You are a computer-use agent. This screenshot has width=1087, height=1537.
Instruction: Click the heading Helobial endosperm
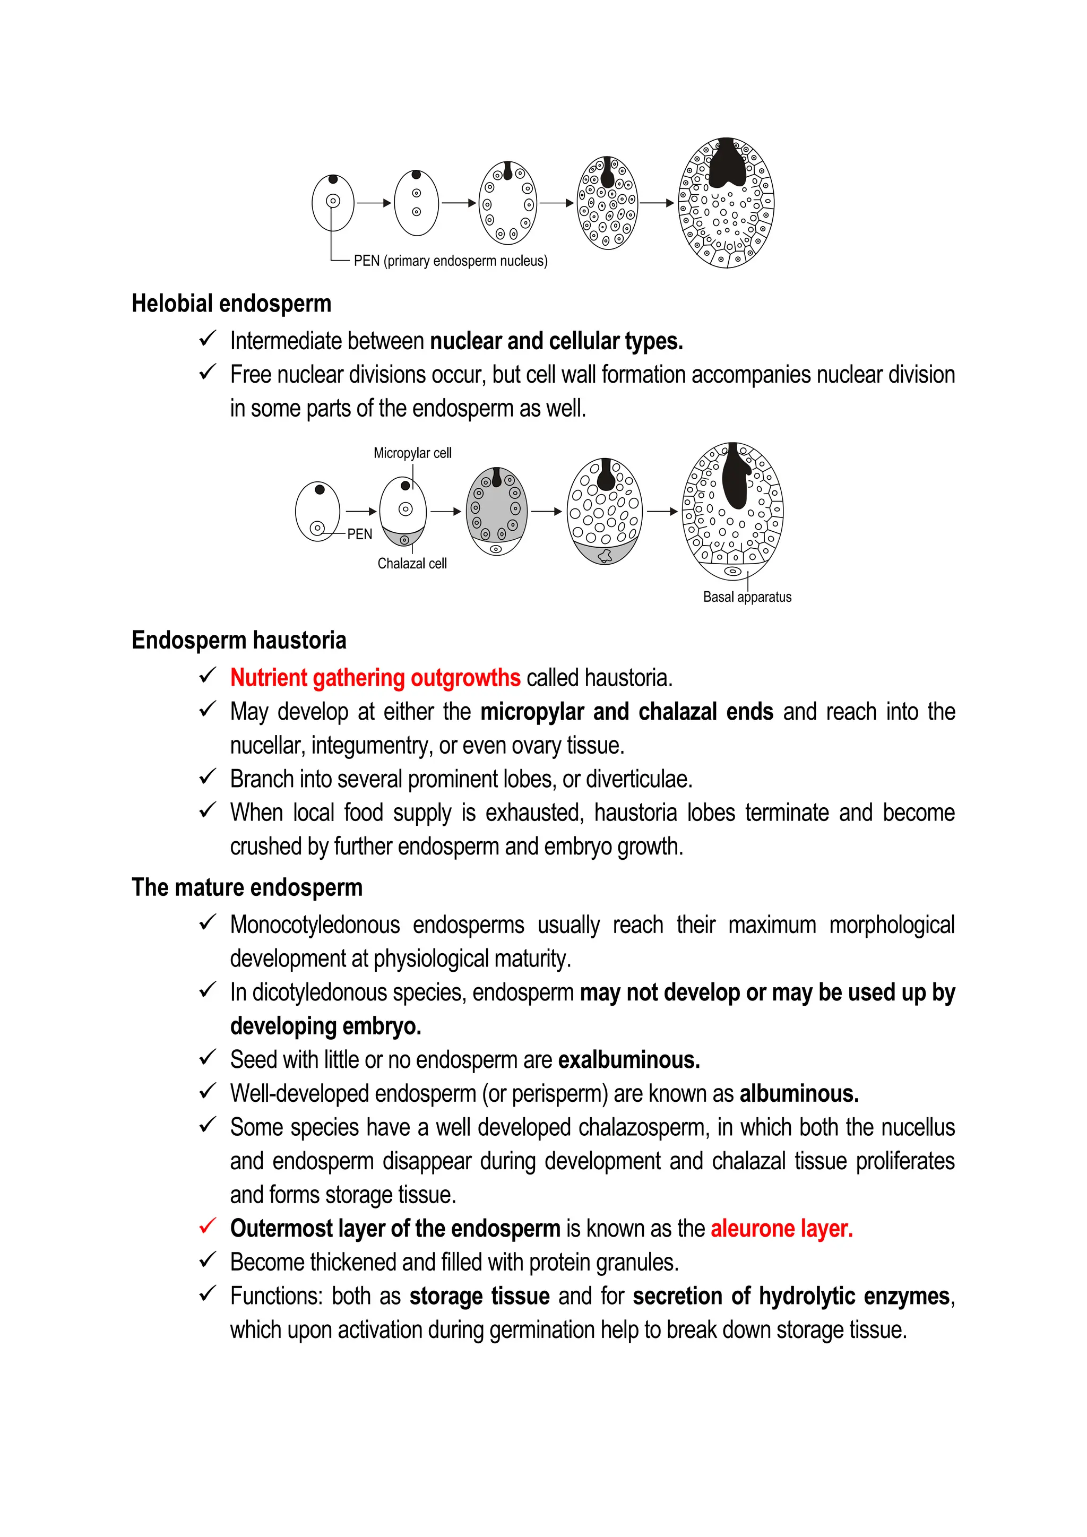pyautogui.click(x=231, y=303)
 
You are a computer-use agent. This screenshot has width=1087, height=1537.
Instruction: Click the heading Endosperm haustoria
pyautogui.click(x=238, y=640)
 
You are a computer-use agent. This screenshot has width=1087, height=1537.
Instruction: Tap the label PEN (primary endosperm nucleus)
pyautogui.click(x=450, y=261)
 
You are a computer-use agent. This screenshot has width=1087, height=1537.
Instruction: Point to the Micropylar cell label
pyautogui.click(x=412, y=453)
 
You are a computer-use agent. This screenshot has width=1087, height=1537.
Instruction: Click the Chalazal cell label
pyautogui.click(x=412, y=564)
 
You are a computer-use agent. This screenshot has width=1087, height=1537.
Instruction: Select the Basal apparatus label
pyautogui.click(x=747, y=597)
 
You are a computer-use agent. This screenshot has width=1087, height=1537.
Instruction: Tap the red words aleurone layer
pyautogui.click(x=781, y=1229)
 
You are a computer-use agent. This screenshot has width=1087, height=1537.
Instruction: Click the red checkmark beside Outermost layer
pyautogui.click(x=208, y=1227)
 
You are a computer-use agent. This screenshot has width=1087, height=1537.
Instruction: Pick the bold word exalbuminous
pyautogui.click(x=628, y=1060)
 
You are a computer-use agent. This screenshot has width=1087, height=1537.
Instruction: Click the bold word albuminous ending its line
pyautogui.click(x=798, y=1093)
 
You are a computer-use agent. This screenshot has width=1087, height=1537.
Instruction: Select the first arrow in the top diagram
pyautogui.click(x=374, y=203)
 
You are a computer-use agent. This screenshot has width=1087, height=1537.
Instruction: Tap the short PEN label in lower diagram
pyautogui.click(x=359, y=534)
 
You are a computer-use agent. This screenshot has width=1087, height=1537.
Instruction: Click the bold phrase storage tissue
pyautogui.click(x=479, y=1296)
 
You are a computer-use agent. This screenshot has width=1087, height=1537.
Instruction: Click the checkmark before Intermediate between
pyautogui.click(x=208, y=339)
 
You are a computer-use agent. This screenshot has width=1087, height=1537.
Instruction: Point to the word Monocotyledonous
pyautogui.click(x=315, y=925)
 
